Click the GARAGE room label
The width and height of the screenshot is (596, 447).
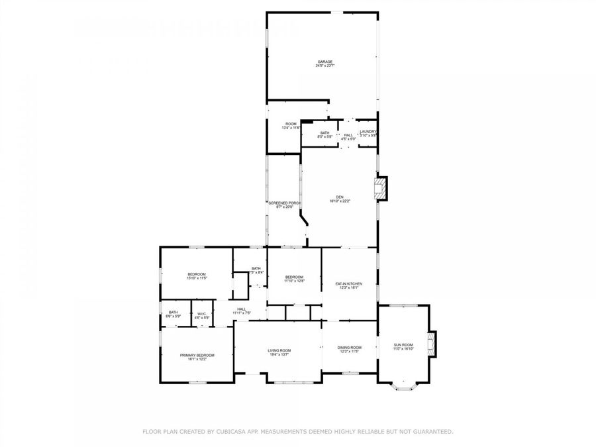point(324,62)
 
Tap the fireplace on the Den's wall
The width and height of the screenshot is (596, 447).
point(381,189)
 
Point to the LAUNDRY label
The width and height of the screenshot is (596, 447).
point(368,132)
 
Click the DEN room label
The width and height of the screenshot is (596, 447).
point(340,197)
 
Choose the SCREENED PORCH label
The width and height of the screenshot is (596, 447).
point(285,203)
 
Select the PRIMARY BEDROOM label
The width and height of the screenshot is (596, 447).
point(197,355)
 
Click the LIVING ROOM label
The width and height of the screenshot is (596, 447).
point(279,350)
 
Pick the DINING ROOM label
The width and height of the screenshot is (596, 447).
point(349,347)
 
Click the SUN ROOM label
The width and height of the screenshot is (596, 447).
point(403,344)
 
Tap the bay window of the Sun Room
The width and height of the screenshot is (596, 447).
point(403,385)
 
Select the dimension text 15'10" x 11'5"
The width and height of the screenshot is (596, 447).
point(197,278)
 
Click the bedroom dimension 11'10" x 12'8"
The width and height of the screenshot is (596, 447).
point(294,281)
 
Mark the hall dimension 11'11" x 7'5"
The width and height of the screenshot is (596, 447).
point(242,313)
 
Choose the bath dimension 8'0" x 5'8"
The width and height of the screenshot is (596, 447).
point(324,136)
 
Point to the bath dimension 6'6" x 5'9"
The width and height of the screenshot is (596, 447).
point(173,317)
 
